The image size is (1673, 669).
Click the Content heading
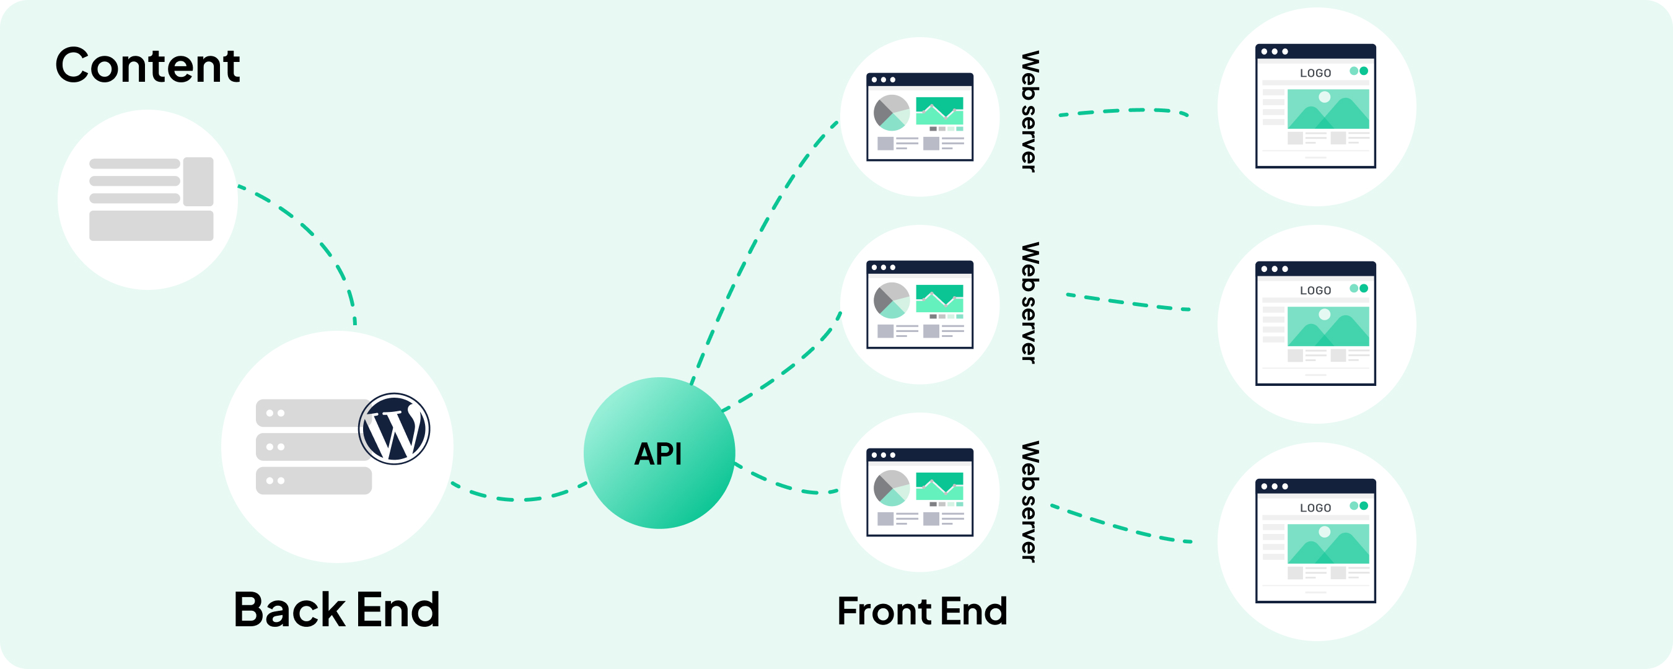tap(147, 66)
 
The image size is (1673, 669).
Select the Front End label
tap(922, 611)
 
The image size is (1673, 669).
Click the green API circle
tap(659, 453)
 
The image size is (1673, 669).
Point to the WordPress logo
tap(394, 429)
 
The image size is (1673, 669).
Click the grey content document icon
tap(151, 199)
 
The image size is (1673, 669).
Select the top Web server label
tap(1030, 111)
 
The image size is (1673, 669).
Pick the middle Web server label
tap(1030, 303)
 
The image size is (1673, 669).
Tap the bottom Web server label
tap(1030, 501)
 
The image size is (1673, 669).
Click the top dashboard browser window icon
tap(920, 117)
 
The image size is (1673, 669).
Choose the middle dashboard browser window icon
tap(920, 305)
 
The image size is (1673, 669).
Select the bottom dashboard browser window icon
tap(920, 492)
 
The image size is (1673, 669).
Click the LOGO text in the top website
tap(1315, 73)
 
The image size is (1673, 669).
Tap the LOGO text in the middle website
tap(1315, 291)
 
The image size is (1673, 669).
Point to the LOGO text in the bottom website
tap(1315, 509)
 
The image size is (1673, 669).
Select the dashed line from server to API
tap(520, 499)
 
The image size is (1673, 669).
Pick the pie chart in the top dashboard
tap(892, 113)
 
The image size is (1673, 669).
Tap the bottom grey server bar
tap(314, 481)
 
